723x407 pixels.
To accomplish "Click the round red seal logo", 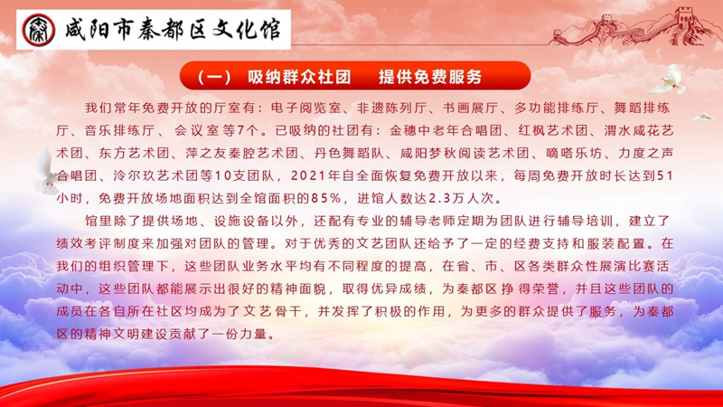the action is (38, 30).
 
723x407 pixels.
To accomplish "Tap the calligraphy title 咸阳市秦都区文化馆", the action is (173, 30).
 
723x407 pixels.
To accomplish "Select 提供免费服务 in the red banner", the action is (430, 76).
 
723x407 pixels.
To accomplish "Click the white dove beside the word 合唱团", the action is (46, 172).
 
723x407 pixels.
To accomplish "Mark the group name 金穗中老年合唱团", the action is (446, 130).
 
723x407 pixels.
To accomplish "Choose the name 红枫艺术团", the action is (553, 130).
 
